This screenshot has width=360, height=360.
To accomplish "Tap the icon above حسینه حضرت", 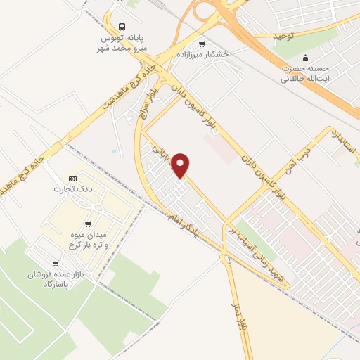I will coord(305,58).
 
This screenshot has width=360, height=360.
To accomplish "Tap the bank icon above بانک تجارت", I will coord(73,179).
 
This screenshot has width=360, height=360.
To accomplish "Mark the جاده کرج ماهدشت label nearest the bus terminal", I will coord(139,82).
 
